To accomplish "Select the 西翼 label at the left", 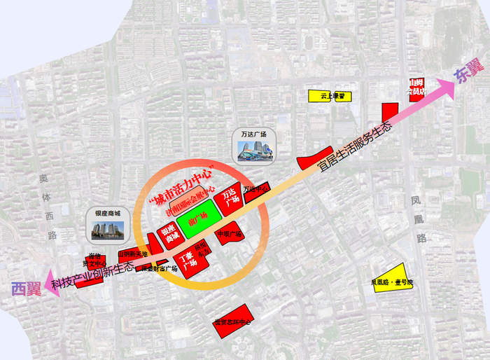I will pos(26,288).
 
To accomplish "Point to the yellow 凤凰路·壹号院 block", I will pos(391,277).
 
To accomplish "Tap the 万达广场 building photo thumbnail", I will pos(253,148).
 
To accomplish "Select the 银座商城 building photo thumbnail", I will pos(107,228).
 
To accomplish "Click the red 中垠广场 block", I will pos(230,233).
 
